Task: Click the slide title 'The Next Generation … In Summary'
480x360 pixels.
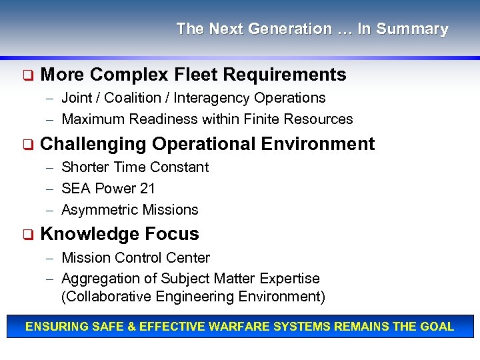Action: click(312, 29)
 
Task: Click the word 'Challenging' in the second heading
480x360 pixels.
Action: click(93, 144)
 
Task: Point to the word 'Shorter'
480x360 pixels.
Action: click(85, 167)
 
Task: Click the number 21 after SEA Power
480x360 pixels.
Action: click(147, 189)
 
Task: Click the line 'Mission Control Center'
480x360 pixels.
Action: click(135, 258)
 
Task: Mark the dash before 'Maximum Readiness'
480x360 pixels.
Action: click(51, 120)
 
